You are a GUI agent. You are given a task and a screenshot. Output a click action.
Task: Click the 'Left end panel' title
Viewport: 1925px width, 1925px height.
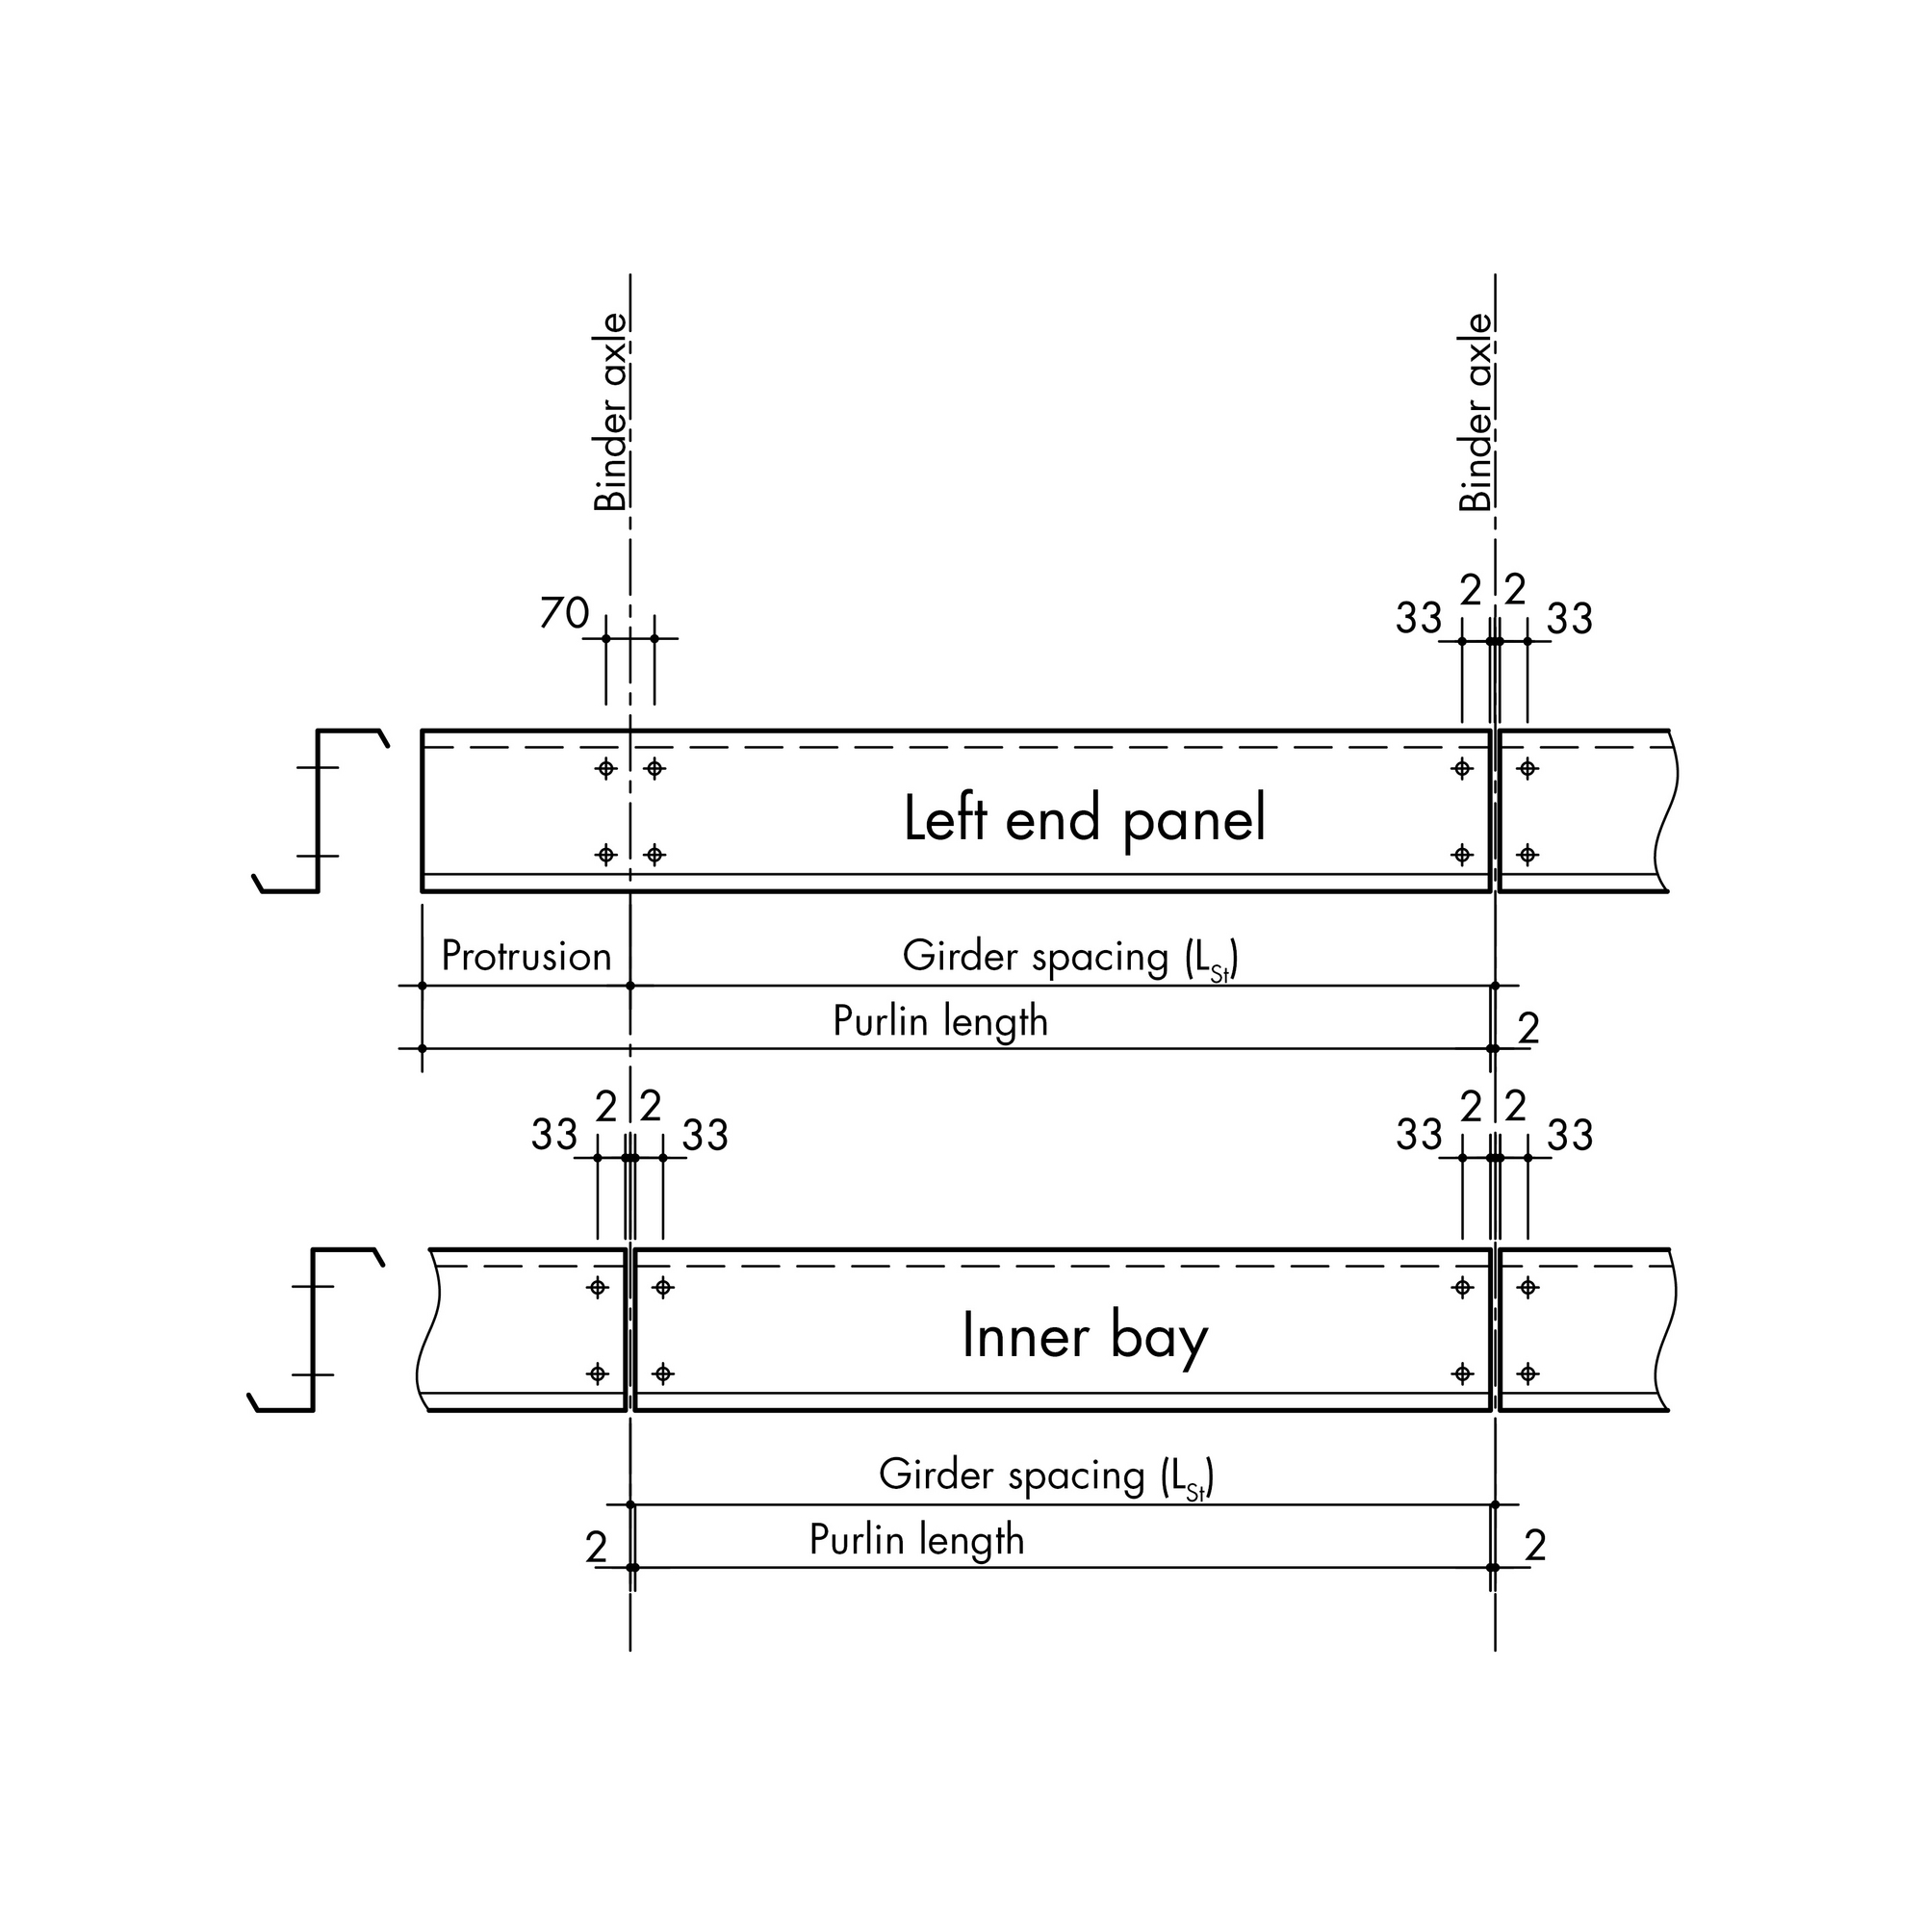1084,820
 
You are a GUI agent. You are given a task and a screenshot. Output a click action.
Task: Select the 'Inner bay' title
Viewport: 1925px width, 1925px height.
1084,1338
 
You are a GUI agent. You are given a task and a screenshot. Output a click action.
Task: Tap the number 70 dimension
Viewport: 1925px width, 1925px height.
565,614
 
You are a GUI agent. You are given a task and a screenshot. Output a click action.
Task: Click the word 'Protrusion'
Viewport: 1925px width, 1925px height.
526,957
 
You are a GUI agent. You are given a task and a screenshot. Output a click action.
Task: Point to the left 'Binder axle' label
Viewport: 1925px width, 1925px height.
611,413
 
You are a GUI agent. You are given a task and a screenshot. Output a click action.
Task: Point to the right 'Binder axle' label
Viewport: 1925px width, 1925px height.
1476,413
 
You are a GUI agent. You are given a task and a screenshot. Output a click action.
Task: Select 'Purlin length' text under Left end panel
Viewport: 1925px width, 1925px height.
940,1022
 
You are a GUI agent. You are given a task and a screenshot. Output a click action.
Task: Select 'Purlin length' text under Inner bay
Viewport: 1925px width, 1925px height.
916,1540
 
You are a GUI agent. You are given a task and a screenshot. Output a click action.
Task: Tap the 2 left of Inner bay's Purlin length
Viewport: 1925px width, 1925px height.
596,1548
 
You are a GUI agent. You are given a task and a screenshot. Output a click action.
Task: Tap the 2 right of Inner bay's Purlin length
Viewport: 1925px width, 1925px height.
1535,1546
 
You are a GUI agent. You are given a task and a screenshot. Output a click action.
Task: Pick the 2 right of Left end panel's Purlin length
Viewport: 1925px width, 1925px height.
1529,1028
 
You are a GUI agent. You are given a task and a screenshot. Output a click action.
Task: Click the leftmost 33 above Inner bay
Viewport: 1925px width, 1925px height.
554,1135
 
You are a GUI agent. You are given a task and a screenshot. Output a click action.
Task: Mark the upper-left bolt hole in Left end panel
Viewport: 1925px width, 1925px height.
605,768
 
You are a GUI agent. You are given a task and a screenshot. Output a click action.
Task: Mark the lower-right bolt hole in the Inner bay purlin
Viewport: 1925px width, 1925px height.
1463,1374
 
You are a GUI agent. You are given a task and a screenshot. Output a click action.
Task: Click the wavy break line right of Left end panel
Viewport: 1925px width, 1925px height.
1666,811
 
